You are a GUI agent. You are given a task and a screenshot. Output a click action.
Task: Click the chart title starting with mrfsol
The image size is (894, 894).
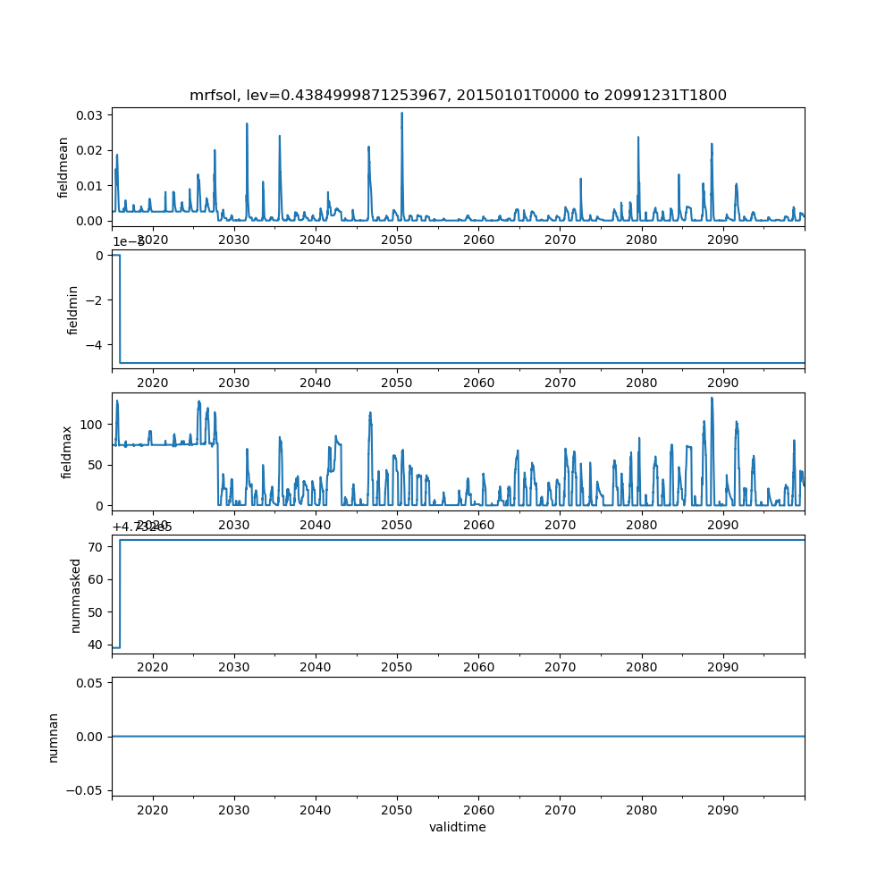458,95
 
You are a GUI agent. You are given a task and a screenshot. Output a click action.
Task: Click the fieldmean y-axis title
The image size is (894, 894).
63,167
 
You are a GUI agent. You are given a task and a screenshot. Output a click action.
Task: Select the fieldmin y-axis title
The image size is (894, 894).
74,308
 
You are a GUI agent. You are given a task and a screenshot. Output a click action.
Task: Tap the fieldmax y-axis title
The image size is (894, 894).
66,451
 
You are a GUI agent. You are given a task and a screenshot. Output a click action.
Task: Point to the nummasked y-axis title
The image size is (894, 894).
76,595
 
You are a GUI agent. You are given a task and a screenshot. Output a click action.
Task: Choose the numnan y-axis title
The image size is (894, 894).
53,737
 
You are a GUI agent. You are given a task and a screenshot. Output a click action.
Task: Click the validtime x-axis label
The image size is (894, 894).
458,827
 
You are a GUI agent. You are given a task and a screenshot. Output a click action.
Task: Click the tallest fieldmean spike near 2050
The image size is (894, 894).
401,114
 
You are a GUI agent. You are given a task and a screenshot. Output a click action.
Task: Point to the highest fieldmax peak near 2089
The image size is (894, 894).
712,398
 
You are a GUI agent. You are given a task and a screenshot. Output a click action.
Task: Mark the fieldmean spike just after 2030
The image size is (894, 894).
247,124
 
